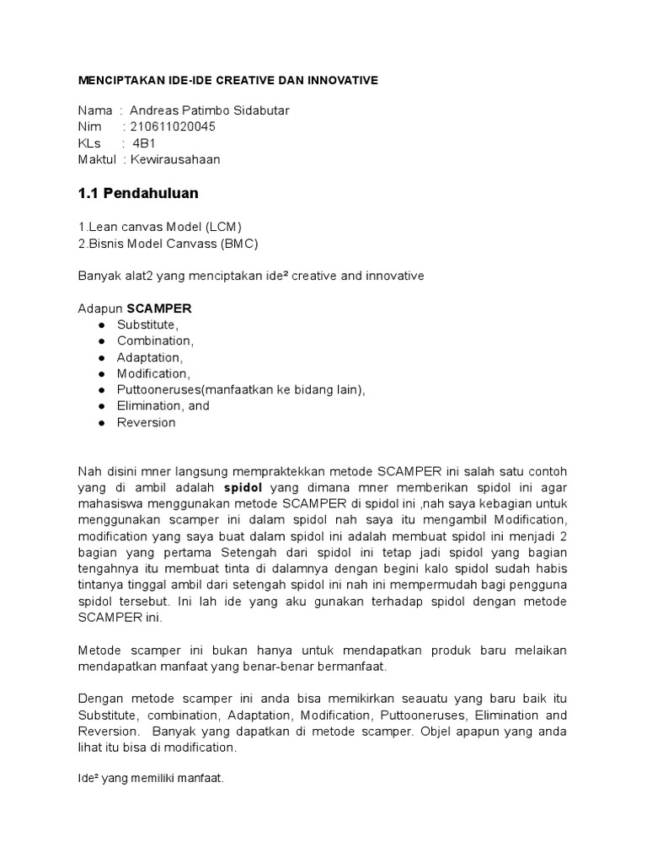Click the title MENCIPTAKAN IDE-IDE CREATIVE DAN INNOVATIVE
(x=228, y=80)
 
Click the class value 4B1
(x=144, y=143)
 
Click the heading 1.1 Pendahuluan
(x=138, y=193)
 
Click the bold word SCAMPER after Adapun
(x=159, y=308)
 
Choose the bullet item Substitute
(x=148, y=324)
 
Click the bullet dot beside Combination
(x=101, y=341)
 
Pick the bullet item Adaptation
(x=150, y=357)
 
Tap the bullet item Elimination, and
(x=163, y=406)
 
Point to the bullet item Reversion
(x=147, y=422)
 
